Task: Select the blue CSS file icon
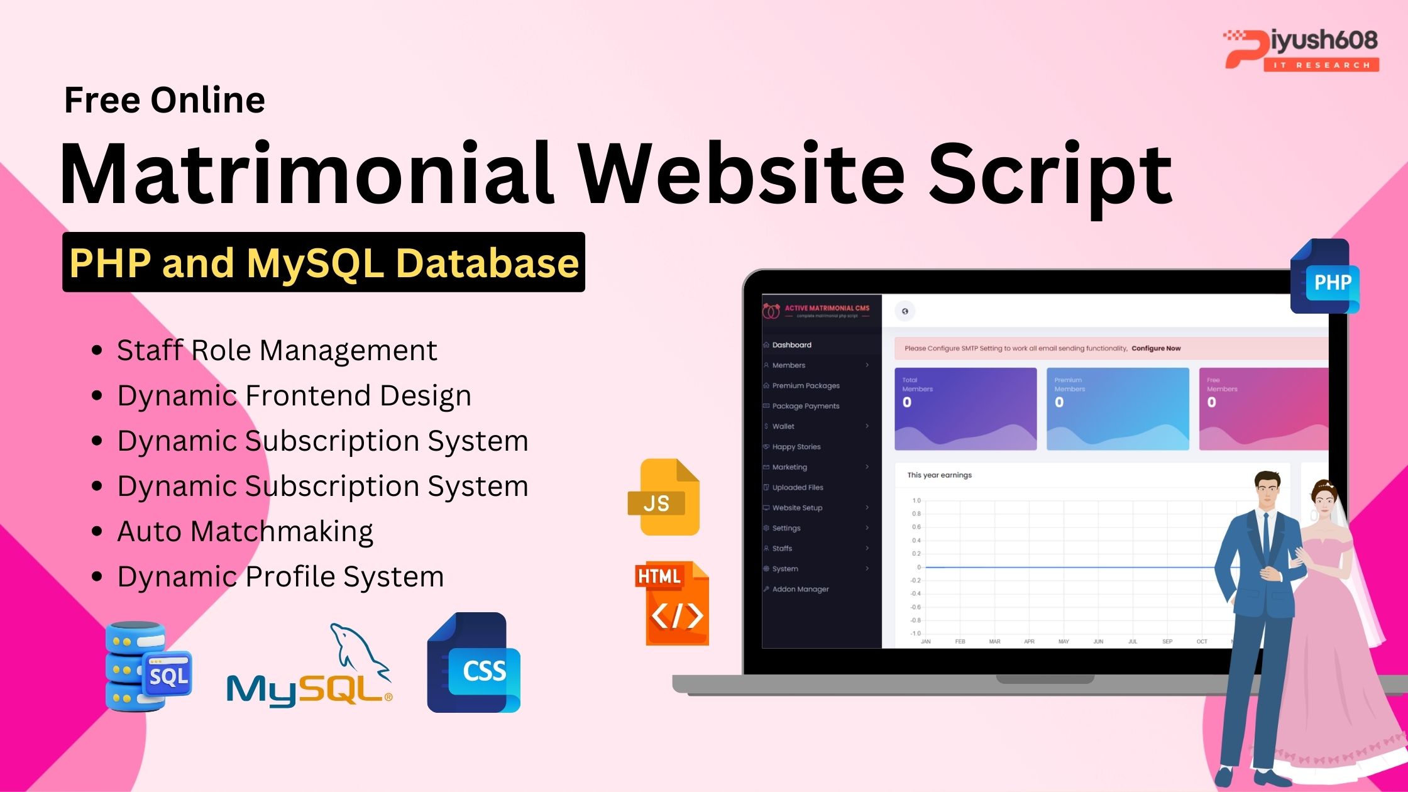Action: coord(474,663)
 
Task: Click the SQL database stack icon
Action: coord(148,666)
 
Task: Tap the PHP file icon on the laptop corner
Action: coord(1324,277)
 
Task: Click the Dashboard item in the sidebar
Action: coord(791,345)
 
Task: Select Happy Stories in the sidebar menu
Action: coord(796,447)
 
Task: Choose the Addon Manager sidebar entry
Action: coord(800,589)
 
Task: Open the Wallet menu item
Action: coord(783,426)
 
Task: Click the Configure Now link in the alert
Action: coord(1156,348)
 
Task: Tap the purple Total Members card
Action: coord(965,409)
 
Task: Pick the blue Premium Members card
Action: coord(1118,409)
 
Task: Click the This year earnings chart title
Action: coord(939,475)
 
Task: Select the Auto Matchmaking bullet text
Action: coord(245,532)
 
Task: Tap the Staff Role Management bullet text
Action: coord(277,351)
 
